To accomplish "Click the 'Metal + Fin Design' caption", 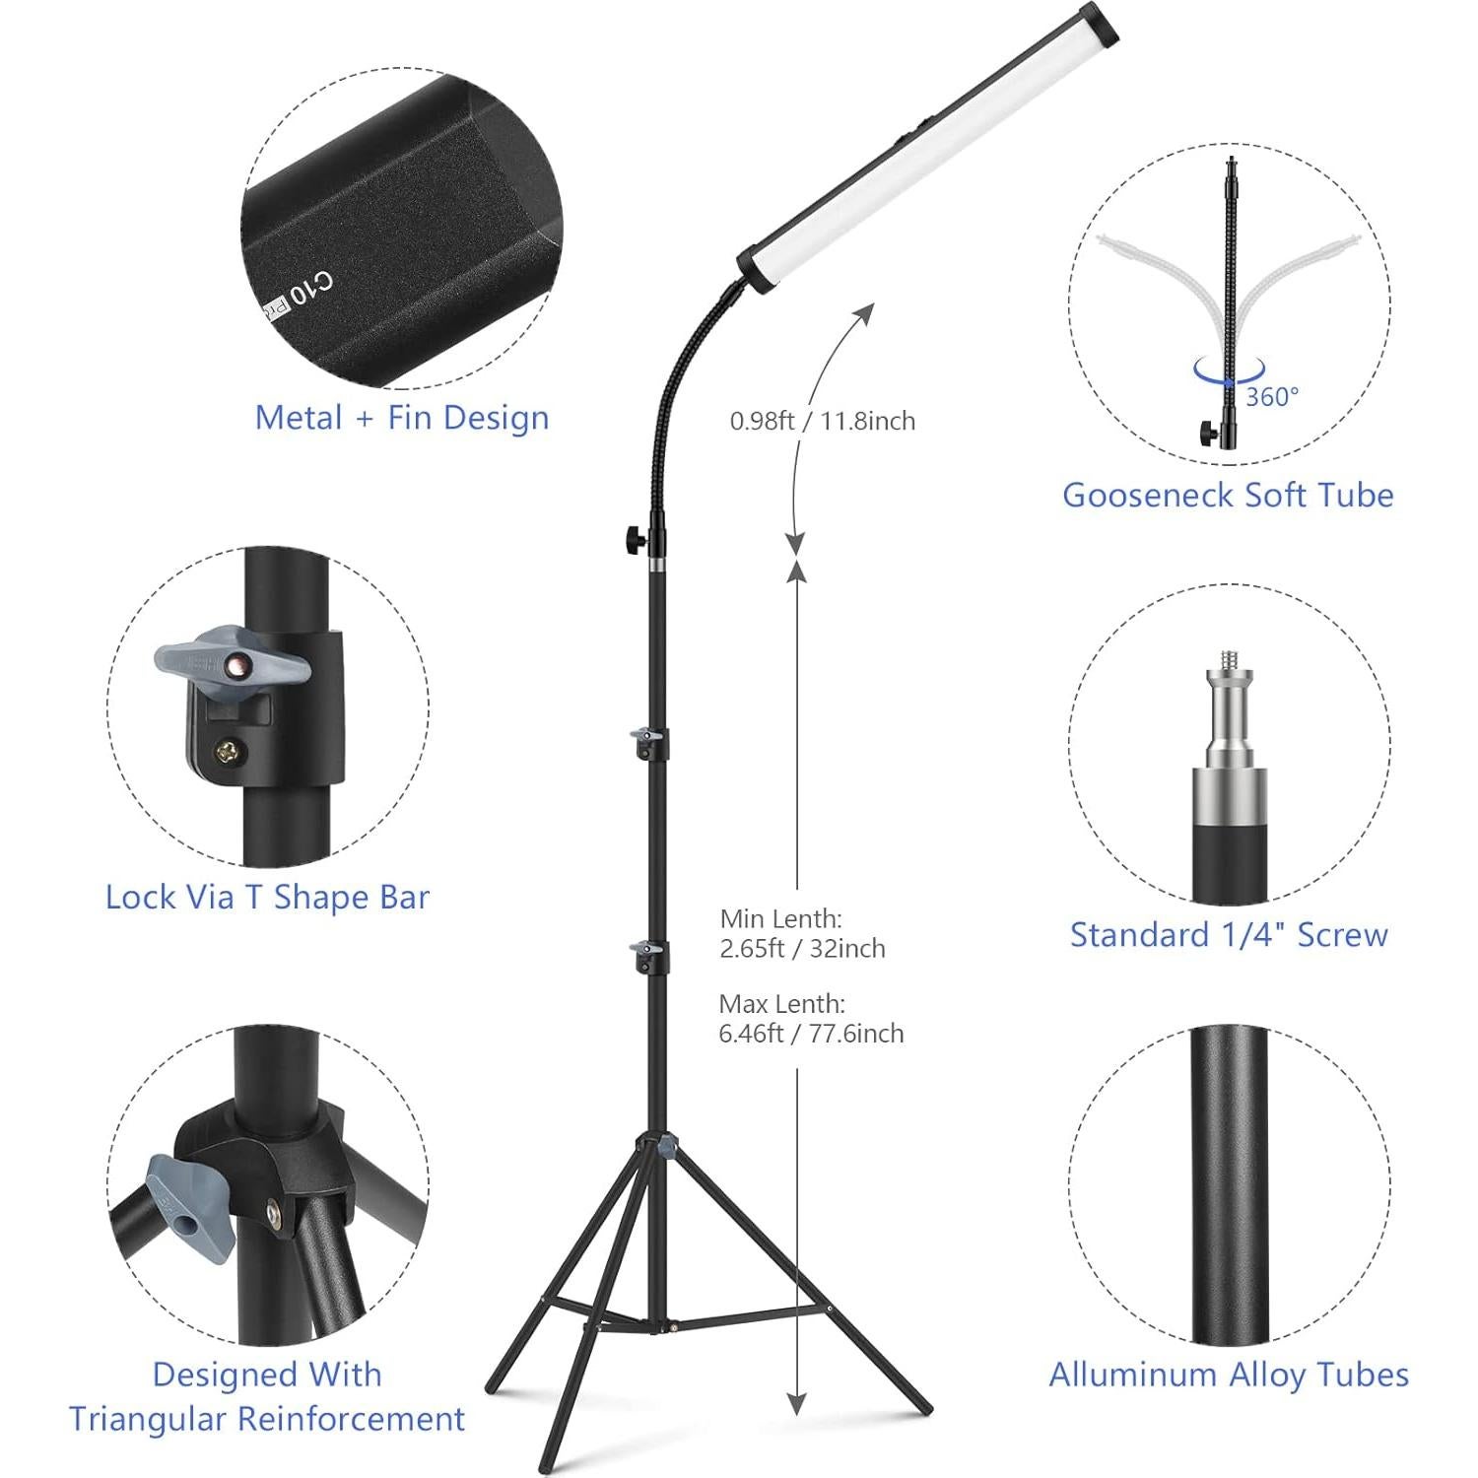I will point(402,418).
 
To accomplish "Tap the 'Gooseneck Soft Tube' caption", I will point(1228,495).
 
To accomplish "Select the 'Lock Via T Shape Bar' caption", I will point(267,897).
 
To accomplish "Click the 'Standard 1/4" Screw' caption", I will point(1229,934).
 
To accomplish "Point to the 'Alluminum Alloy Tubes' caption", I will point(1229,1374).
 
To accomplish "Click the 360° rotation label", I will point(1272,397).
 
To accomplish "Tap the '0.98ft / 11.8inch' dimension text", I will point(822,421).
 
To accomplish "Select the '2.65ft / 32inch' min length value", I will point(802,948).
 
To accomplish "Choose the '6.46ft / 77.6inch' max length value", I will point(811,1033).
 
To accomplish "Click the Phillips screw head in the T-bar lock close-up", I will point(230,753).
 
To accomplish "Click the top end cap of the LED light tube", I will point(1102,22).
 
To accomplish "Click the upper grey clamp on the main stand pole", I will point(645,736).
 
